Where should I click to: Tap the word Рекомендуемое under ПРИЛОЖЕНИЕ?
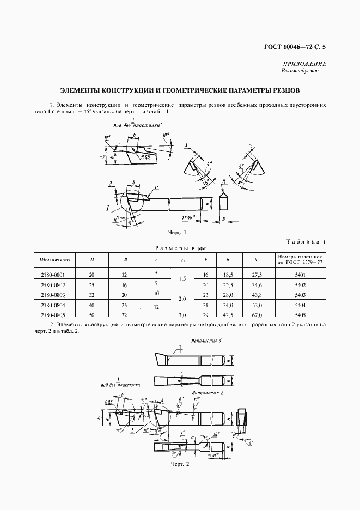300,71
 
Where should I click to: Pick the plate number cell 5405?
300,315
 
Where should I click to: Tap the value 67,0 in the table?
257,315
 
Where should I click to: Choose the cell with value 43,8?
257,295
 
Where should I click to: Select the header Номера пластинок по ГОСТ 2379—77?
300,259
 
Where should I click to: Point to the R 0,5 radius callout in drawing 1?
145,156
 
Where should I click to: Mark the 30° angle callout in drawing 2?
216,434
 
